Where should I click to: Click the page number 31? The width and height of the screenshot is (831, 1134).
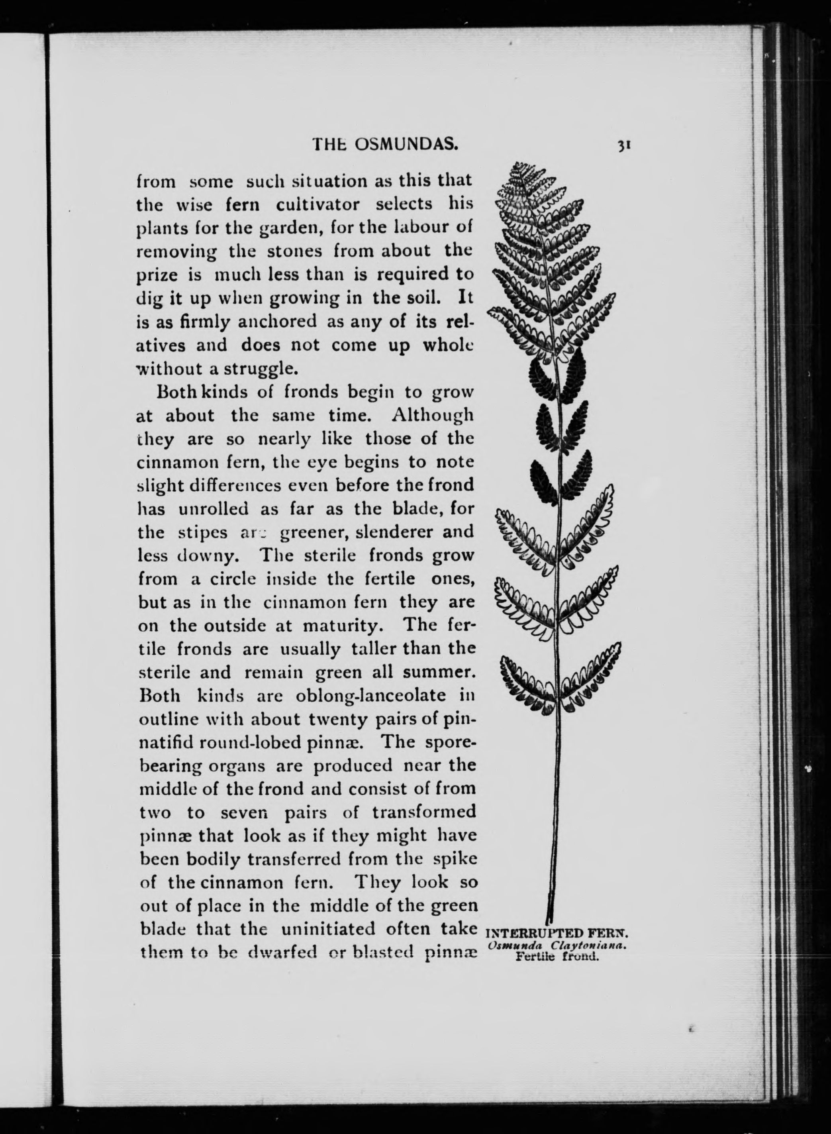[x=624, y=146]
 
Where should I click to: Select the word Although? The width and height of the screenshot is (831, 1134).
[x=433, y=415]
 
